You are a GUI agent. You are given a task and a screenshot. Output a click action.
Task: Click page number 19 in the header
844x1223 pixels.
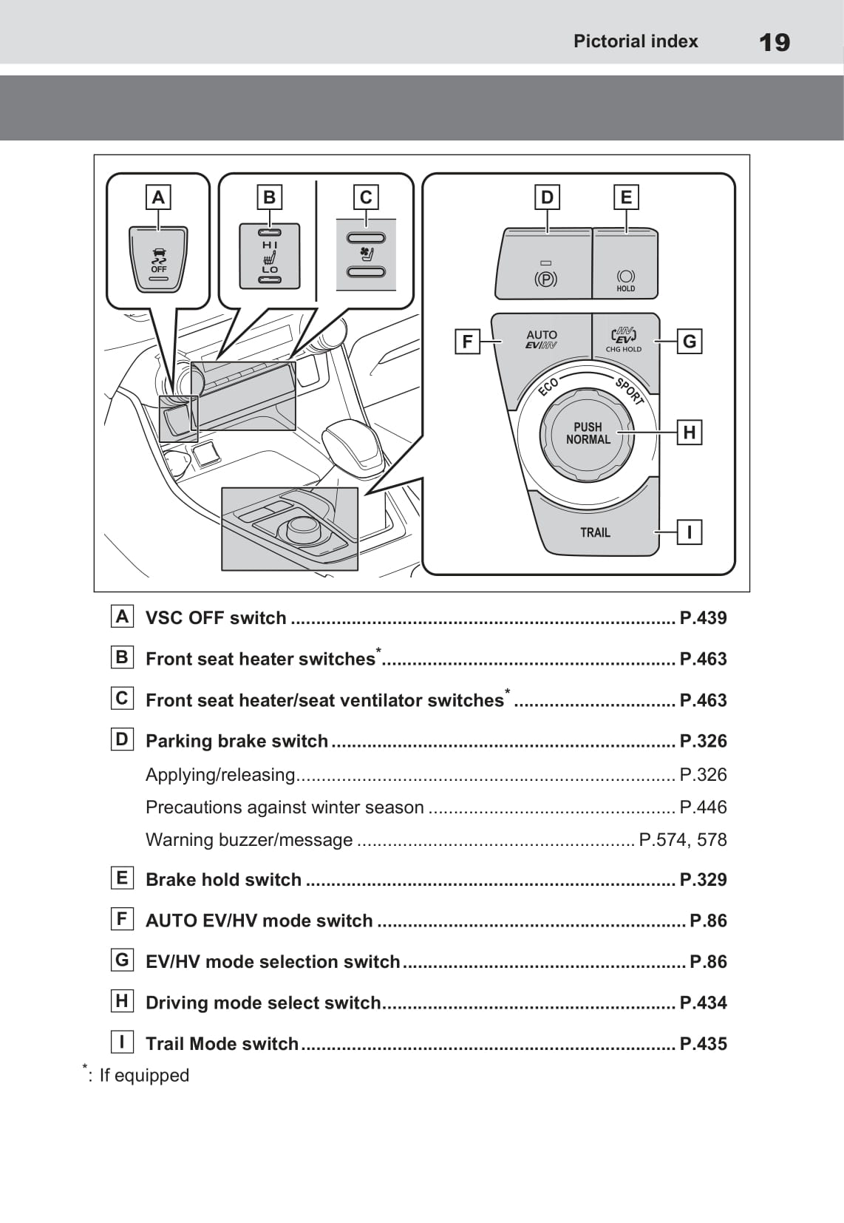point(775,42)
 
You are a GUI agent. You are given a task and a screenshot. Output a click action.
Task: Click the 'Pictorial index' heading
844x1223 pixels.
point(636,41)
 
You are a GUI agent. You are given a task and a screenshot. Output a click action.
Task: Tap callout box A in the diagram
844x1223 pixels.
point(158,197)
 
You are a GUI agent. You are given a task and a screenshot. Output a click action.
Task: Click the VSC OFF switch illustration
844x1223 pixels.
point(159,260)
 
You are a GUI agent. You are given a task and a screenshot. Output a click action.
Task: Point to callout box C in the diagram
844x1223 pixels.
point(366,197)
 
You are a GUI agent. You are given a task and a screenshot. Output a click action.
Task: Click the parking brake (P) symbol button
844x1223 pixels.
point(545,274)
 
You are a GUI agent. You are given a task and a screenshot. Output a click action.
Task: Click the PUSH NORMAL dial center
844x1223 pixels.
point(588,433)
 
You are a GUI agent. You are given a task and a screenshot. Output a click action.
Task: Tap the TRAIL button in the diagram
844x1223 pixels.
point(595,532)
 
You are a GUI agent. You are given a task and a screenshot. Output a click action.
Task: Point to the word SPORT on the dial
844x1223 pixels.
point(630,391)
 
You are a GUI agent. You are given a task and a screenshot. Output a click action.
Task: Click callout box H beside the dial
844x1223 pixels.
point(689,433)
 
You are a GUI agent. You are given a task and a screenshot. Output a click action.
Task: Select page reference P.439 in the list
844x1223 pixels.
point(703,618)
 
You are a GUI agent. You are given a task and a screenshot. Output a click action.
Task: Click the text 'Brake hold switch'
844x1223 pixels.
point(223,880)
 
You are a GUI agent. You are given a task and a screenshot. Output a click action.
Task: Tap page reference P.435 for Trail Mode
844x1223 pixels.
point(703,1044)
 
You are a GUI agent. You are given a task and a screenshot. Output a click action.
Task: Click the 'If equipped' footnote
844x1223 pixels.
point(144,1075)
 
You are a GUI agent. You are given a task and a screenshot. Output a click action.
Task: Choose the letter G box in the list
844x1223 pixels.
point(122,961)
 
